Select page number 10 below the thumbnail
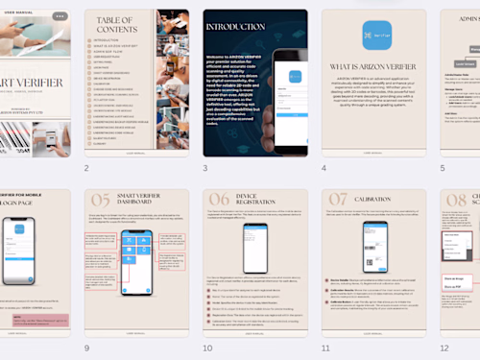[206, 348]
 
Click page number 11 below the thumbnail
[325, 348]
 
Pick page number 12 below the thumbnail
[444, 348]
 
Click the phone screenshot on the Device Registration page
[254, 248]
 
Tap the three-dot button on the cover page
[59, 16]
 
